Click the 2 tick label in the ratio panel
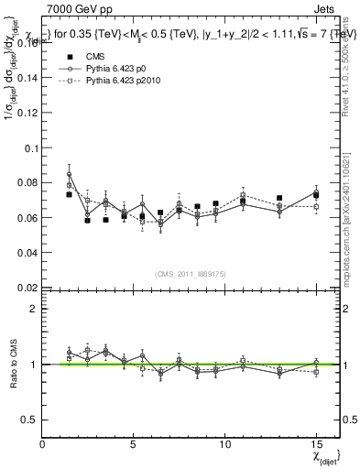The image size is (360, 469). click(33, 309)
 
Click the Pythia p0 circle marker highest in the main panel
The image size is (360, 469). click(70, 174)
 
